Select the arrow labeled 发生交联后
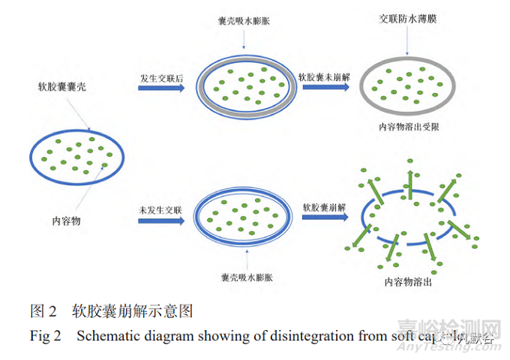[161, 88]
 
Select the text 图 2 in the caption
[43, 310]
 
